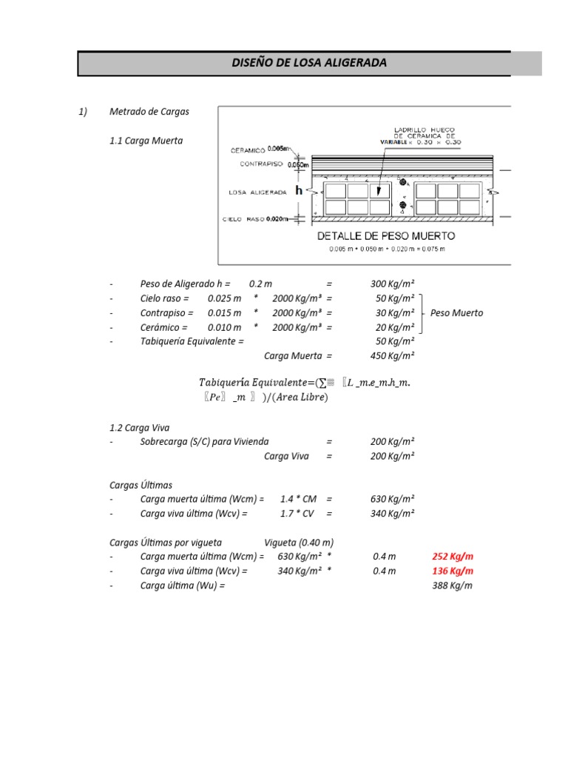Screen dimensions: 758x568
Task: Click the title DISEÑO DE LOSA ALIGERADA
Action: click(x=309, y=64)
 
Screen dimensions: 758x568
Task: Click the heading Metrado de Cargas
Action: click(x=149, y=112)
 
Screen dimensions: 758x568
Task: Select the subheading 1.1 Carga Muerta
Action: click(x=146, y=140)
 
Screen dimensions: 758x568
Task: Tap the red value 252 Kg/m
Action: click(x=453, y=557)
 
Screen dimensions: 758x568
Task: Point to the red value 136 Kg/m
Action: click(x=453, y=571)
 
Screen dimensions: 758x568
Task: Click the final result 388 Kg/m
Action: click(x=453, y=586)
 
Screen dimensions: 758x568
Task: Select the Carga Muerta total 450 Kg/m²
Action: click(x=392, y=355)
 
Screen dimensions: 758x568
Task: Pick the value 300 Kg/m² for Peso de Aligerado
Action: click(x=392, y=284)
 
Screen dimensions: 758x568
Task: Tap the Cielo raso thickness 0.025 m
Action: click(x=224, y=298)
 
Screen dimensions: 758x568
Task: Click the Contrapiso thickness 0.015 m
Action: click(x=224, y=313)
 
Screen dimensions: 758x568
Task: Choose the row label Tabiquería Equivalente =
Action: click(x=192, y=341)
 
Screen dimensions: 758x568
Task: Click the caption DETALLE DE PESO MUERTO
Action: click(x=386, y=236)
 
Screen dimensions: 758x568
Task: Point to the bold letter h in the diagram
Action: click(x=299, y=190)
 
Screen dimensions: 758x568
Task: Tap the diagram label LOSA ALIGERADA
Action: click(x=259, y=191)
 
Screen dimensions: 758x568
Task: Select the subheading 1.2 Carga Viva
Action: click(x=141, y=428)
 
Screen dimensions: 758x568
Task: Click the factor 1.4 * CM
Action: click(x=298, y=499)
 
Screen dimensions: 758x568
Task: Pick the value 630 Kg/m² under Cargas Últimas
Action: click(x=392, y=499)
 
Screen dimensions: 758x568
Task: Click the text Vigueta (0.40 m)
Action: click(x=299, y=542)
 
